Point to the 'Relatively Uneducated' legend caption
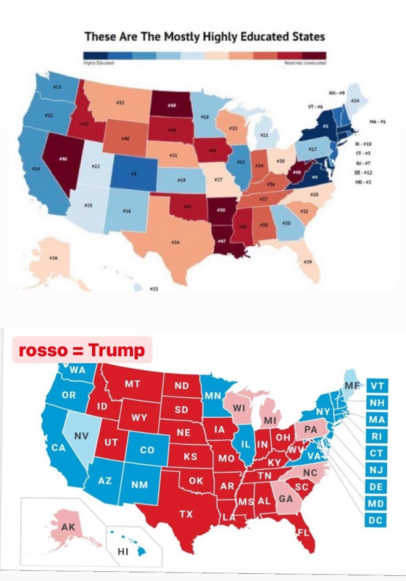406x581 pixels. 305,63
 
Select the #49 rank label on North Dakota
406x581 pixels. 171,105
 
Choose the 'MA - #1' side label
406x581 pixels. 377,122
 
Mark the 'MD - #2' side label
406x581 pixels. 363,182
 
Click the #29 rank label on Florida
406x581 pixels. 308,261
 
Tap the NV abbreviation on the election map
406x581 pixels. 81,436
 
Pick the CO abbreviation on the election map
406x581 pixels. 147,450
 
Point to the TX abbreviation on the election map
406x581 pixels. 186,514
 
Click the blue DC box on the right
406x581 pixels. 375,520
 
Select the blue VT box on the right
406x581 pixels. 377,386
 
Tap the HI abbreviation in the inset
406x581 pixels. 123,551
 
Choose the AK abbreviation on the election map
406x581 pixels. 68,527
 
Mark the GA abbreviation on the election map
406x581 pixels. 285,499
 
